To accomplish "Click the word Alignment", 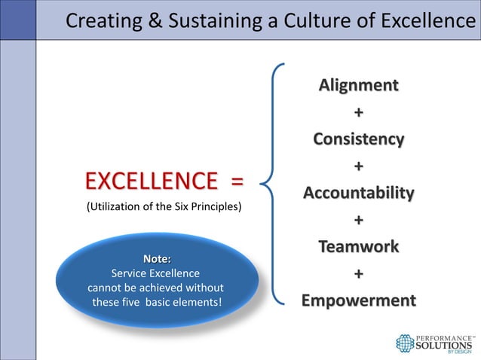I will point(358,84).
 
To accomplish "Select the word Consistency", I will point(358,139).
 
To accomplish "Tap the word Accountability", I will point(358,194).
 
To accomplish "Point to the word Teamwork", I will point(358,247).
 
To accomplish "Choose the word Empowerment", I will point(358,301).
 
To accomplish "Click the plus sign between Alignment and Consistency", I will point(358,112).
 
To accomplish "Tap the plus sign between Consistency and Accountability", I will point(358,166).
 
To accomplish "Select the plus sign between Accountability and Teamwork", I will point(358,220).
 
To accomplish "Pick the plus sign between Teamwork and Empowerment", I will point(358,274).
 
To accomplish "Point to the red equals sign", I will point(237,182).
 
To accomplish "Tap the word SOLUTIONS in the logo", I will point(446,343).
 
